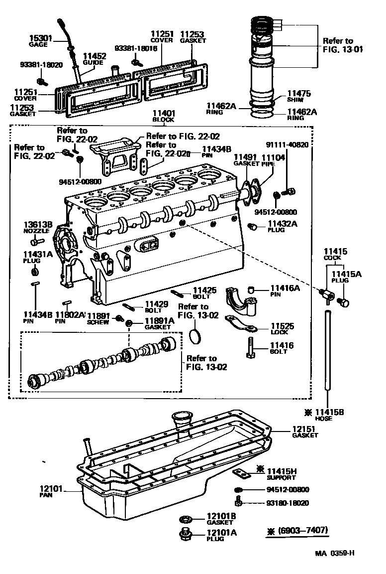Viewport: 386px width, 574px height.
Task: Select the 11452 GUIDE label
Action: pos(94,59)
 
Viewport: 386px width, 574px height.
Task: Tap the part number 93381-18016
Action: pos(136,48)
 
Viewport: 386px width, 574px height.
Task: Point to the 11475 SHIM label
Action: pos(298,95)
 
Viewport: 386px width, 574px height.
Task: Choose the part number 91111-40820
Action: pos(287,145)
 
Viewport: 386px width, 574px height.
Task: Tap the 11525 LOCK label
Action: pos(282,329)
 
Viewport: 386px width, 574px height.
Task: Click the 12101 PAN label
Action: pos(51,492)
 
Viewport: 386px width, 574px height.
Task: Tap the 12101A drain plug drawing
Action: pos(187,535)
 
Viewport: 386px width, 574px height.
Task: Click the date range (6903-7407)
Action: pos(298,530)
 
